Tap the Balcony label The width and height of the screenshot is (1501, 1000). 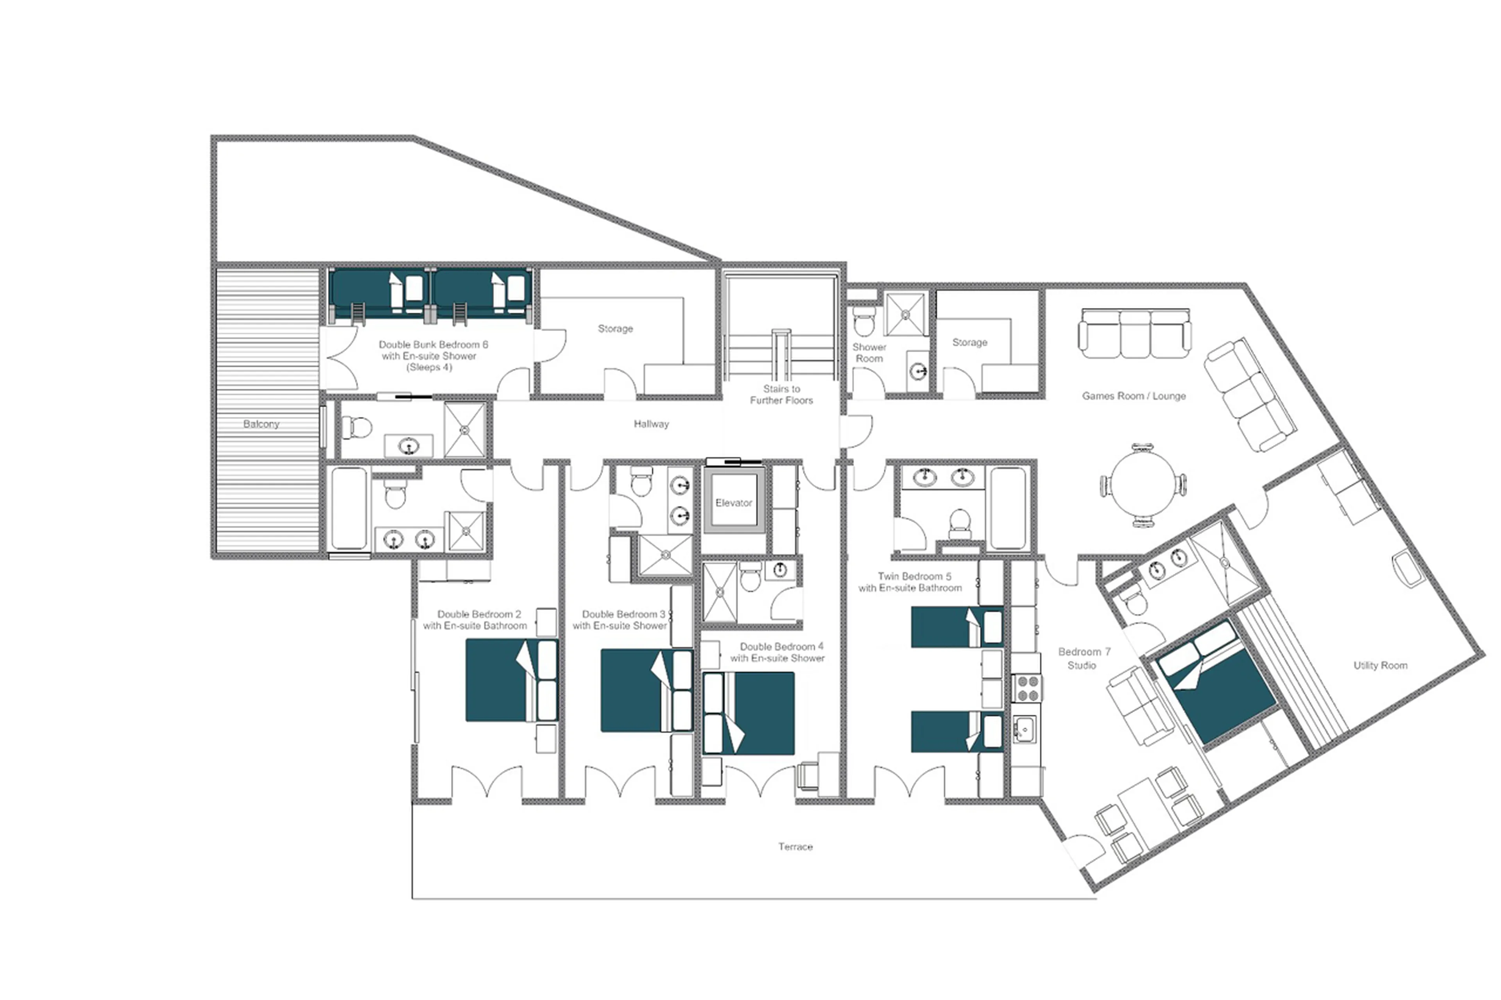[x=261, y=424]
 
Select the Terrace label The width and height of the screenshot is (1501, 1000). [x=795, y=846]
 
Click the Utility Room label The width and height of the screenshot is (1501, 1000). [x=1380, y=665]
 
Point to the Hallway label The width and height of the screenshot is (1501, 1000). [x=651, y=424]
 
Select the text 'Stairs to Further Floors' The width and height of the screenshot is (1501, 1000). [x=781, y=394]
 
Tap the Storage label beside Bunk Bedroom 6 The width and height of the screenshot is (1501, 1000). [x=615, y=328]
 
